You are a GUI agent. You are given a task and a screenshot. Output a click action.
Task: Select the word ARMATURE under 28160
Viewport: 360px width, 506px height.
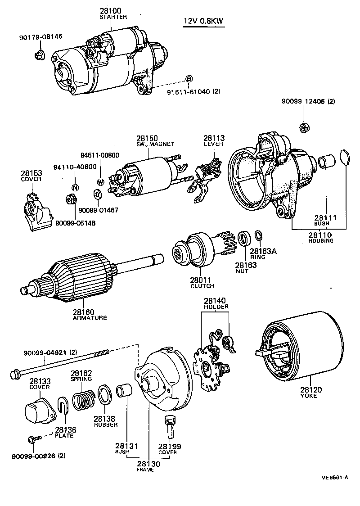(x=90, y=317)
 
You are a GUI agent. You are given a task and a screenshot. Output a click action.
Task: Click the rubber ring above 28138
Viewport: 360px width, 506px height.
(x=105, y=395)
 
